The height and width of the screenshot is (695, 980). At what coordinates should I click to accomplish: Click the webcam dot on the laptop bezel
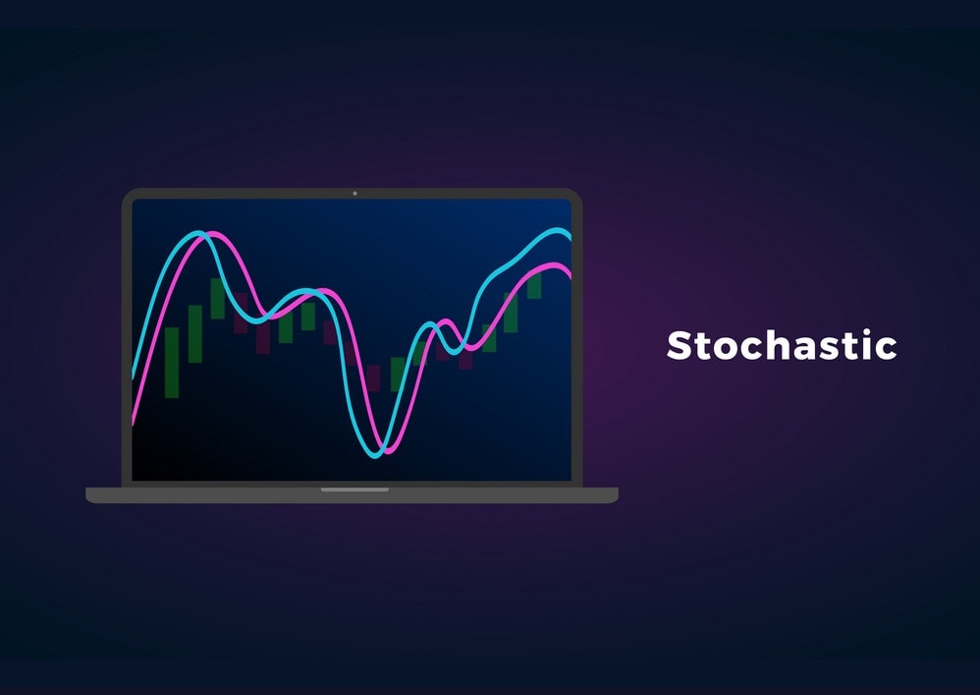click(354, 194)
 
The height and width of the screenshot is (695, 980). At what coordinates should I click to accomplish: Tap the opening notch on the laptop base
click(354, 490)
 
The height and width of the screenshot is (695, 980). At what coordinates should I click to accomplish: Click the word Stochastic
click(782, 346)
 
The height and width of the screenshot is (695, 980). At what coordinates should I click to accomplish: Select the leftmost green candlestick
click(172, 362)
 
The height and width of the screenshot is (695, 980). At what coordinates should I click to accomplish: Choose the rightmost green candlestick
click(534, 284)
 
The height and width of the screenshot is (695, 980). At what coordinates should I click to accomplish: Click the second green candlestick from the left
click(195, 333)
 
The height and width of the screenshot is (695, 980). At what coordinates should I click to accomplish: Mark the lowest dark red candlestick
click(372, 378)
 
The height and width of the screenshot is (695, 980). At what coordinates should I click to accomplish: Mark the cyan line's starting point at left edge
click(135, 376)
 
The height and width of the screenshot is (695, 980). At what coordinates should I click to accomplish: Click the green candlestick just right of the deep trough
click(398, 374)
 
